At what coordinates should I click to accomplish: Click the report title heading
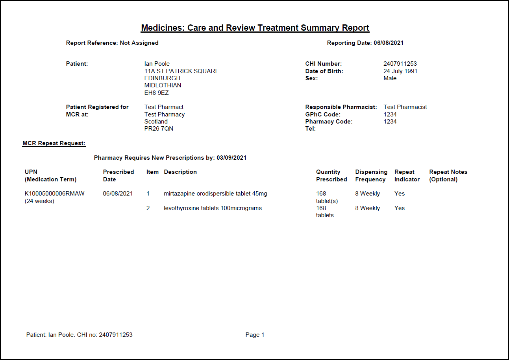[255, 28]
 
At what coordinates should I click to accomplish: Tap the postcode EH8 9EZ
[157, 93]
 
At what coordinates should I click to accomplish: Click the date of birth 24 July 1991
[400, 71]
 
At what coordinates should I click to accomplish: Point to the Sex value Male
[390, 78]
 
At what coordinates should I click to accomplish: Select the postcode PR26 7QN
[159, 129]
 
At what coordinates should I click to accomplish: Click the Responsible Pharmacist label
[341, 107]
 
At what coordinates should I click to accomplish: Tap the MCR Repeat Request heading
[54, 143]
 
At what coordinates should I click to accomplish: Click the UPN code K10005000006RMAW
[55, 194]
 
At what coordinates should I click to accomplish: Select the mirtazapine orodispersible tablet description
[215, 194]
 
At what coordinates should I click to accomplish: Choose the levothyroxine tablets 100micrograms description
[213, 208]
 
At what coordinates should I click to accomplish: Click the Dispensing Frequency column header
[371, 175]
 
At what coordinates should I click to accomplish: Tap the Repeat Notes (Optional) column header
[448, 175]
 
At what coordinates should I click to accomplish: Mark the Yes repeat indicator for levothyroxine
[400, 208]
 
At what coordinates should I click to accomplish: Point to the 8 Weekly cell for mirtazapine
[367, 194]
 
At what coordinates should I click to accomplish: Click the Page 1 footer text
[255, 335]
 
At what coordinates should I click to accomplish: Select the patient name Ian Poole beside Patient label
[157, 64]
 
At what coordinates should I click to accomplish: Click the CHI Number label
[324, 64]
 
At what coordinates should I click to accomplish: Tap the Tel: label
[311, 129]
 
